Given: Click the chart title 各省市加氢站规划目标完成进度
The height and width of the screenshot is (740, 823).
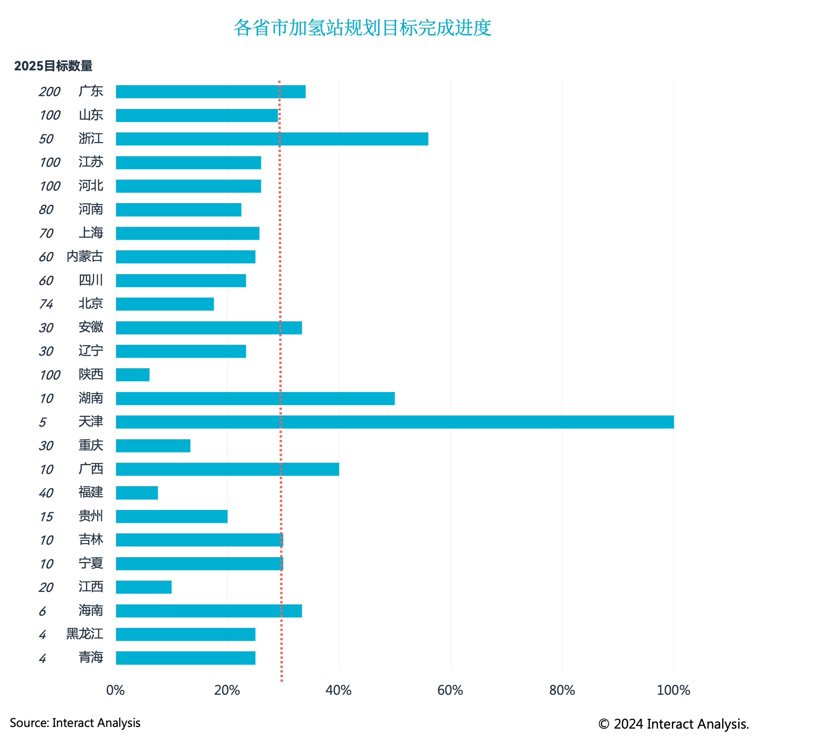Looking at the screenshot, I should (x=362, y=28).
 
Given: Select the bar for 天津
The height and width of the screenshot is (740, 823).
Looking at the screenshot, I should (x=394, y=422).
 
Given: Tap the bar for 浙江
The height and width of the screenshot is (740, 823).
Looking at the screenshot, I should (x=272, y=139).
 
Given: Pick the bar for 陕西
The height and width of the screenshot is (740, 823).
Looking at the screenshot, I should (x=133, y=375).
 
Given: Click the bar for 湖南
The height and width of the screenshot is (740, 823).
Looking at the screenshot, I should (x=255, y=398).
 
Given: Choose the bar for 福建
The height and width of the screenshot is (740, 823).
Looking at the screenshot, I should (x=137, y=493).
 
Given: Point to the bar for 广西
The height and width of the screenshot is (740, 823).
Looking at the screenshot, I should (x=227, y=469).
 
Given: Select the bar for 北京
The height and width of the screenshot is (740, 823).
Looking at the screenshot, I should (x=165, y=304).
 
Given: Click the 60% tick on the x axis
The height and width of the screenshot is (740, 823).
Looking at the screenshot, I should (x=450, y=690).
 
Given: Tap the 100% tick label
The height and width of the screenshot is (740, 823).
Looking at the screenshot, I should (x=673, y=690).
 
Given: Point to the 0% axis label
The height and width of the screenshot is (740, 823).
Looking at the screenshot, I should (x=116, y=690).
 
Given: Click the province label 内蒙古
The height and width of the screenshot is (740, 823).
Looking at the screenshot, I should (x=84, y=256).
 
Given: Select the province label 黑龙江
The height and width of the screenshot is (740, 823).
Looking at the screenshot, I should (x=84, y=633).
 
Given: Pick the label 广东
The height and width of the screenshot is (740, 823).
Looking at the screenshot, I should (x=91, y=91).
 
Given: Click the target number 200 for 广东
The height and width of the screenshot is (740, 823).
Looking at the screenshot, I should (x=50, y=92).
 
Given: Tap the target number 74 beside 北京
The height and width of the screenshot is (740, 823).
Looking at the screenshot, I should (x=46, y=304).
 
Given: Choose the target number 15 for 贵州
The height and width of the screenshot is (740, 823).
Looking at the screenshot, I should (x=46, y=517).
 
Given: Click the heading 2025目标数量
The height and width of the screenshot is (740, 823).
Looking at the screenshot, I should (x=53, y=66).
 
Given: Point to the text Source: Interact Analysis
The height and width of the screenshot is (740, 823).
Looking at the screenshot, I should (x=75, y=723).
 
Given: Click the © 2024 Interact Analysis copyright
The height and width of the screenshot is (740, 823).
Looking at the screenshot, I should (x=673, y=724).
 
